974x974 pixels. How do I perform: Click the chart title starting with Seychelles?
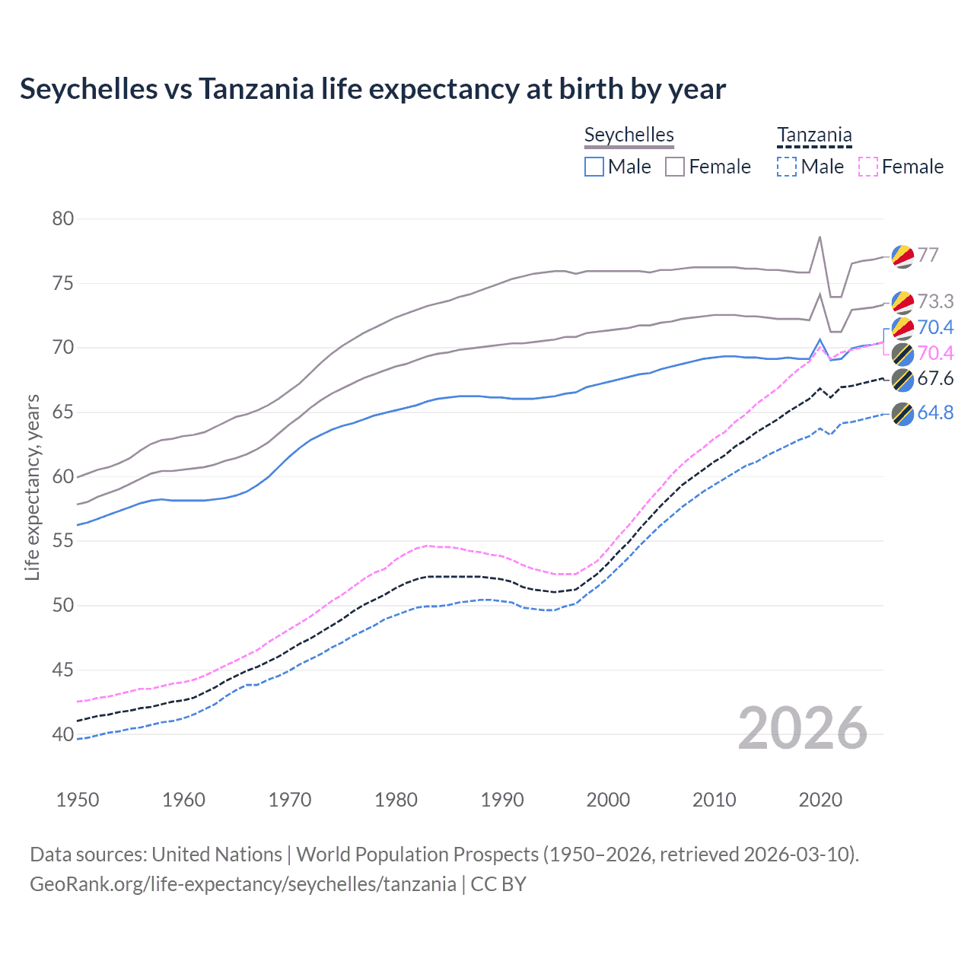[x=373, y=89]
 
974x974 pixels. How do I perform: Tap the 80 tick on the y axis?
[x=63, y=219]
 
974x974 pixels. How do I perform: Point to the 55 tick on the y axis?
[x=63, y=541]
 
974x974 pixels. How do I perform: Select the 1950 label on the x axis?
[x=78, y=800]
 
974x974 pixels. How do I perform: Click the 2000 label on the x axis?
[x=608, y=800]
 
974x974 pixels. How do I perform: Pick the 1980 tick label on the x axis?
[x=396, y=800]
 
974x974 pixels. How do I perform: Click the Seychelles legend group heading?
[x=629, y=135]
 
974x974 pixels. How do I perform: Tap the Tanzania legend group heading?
[x=814, y=135]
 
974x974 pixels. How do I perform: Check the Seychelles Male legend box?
[x=594, y=167]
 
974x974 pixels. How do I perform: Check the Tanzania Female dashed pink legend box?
[x=868, y=167]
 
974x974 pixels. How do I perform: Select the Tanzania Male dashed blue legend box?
[x=787, y=167]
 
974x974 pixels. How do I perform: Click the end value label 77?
[x=928, y=255]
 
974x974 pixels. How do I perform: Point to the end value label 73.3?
[x=935, y=301]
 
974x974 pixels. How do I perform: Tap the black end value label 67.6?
[x=935, y=379]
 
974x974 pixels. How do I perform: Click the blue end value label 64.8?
[x=935, y=412]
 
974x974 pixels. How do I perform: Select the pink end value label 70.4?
[x=935, y=353]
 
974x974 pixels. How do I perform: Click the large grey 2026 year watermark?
[x=802, y=728]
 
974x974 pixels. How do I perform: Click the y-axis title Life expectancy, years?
[x=32, y=487]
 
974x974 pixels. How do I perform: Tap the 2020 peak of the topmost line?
[x=820, y=237]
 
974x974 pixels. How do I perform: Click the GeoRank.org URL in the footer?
[x=243, y=884]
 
